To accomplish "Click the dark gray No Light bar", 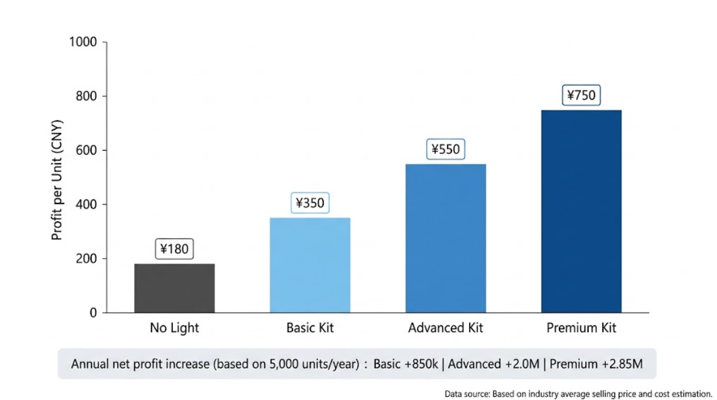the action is (x=174, y=288).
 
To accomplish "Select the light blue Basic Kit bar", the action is (x=310, y=265).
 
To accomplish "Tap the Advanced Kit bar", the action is (x=445, y=238).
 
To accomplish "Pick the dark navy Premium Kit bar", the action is (x=581, y=211).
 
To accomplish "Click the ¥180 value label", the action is (x=174, y=249).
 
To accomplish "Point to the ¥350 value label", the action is (x=310, y=203).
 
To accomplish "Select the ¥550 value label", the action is (x=445, y=149).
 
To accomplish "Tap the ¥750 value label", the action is (x=581, y=95).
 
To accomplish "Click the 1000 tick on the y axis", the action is (x=83, y=42).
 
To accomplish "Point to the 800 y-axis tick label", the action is (x=86, y=96).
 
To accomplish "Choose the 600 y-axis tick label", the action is (x=86, y=150).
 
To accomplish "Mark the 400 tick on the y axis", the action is (x=86, y=205).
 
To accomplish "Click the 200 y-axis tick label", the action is (x=86, y=258).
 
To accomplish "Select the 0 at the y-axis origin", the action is (x=93, y=313).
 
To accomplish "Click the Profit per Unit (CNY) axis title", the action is (x=57, y=180).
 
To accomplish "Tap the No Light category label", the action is (x=174, y=328).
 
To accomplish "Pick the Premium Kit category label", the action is (x=581, y=328).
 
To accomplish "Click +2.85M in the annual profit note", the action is (x=622, y=364).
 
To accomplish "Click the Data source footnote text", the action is (x=578, y=394).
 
